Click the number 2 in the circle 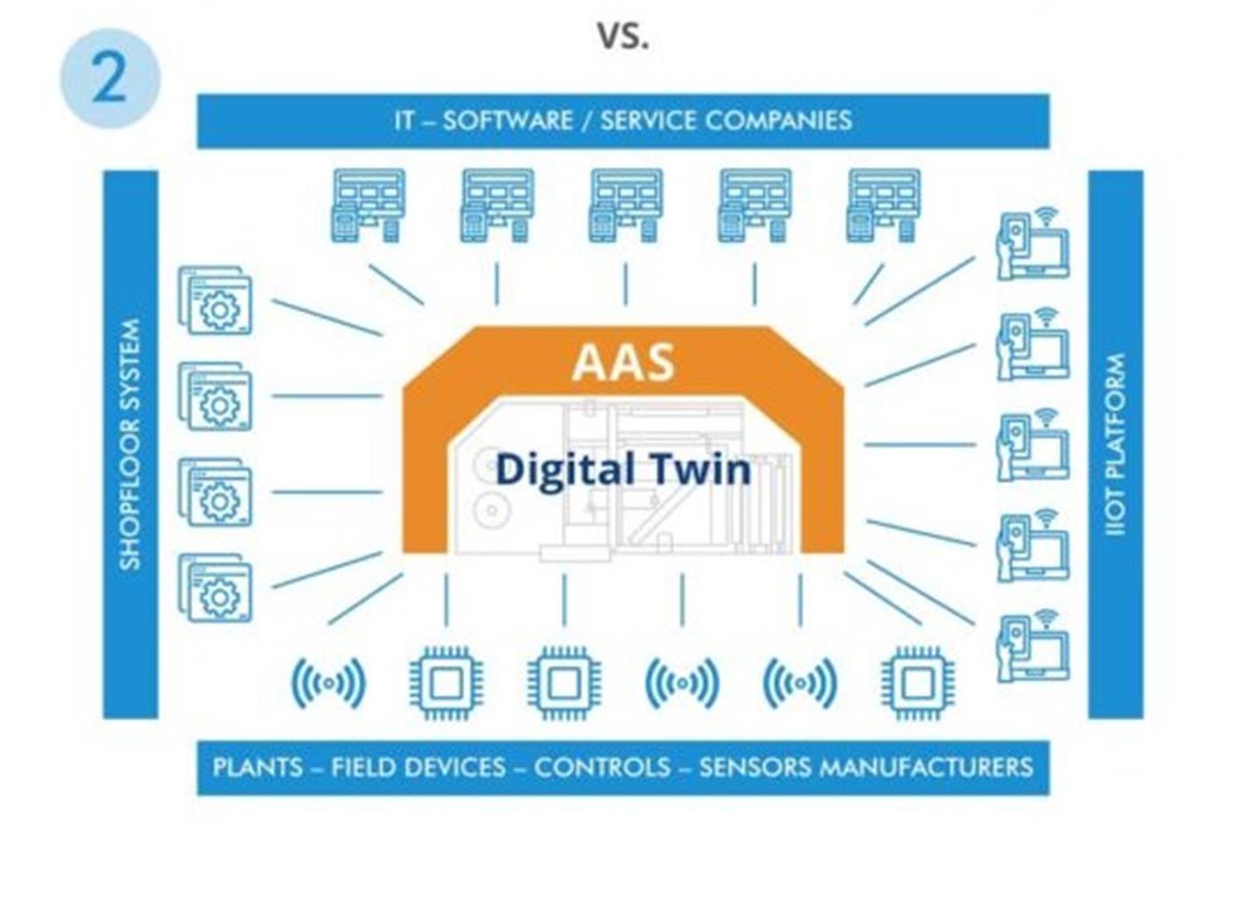coord(108,78)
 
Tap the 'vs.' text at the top coord(622,36)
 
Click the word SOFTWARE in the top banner coord(508,121)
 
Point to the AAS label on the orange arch coord(623,363)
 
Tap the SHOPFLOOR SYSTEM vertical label coord(130,444)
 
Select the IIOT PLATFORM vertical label coord(1115,444)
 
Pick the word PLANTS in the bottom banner coord(258,768)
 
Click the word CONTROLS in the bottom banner coord(602,768)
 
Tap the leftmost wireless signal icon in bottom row coord(328,682)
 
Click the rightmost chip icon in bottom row coord(918,682)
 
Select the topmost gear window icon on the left coord(215,301)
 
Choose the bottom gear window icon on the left coord(215,588)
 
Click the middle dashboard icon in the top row coord(626,206)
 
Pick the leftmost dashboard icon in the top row coord(368,206)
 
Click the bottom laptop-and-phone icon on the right coord(1032,646)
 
